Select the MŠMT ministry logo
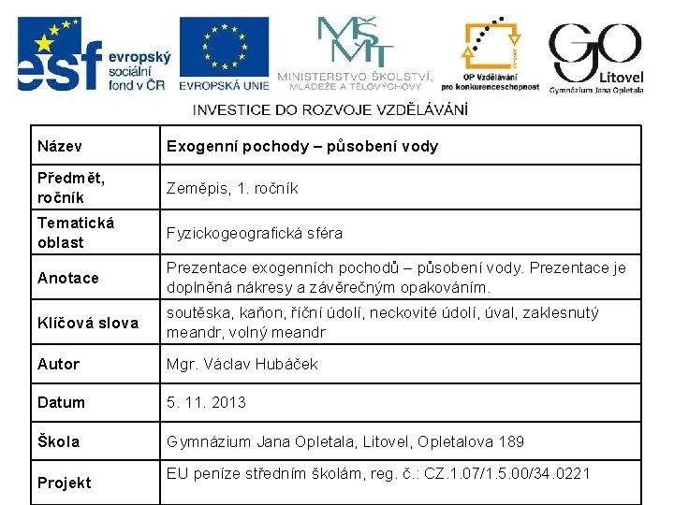click(355, 52)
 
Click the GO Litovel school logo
click(595, 56)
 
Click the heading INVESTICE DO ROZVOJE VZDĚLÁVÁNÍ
click(330, 110)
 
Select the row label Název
click(60, 146)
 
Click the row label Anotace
click(67, 278)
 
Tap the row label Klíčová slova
click(88, 323)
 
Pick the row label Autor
click(58, 364)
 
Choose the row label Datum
click(61, 402)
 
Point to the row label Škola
click(58, 441)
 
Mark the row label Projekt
click(64, 483)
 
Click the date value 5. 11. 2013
click(206, 402)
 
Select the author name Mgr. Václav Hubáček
click(242, 364)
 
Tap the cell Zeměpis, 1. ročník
click(232, 188)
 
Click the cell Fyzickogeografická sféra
click(255, 233)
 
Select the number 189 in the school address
click(510, 441)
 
